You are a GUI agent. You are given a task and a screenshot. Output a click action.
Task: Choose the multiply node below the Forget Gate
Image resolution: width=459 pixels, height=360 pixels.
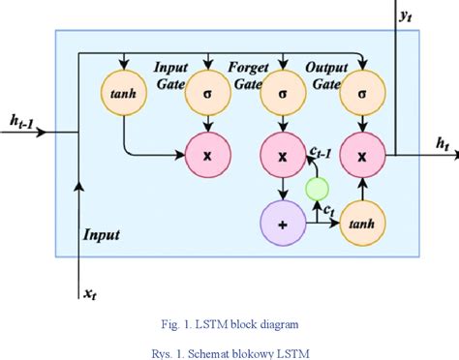[x=282, y=155]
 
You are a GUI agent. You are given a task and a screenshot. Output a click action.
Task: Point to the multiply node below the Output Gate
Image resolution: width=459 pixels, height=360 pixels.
[x=362, y=155]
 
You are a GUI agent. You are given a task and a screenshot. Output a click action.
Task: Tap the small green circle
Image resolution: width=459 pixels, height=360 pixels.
[x=317, y=188]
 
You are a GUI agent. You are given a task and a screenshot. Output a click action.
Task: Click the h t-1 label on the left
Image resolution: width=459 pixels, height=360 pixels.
[x=20, y=119]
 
